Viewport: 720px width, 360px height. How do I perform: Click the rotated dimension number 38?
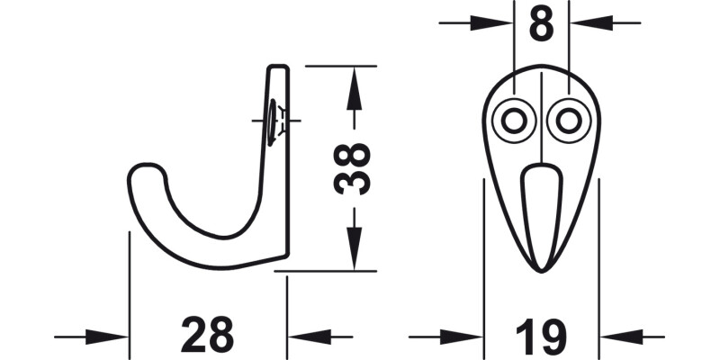click(352, 168)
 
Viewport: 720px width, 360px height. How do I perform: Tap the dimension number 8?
click(541, 25)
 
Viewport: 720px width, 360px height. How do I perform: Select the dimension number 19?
click(541, 337)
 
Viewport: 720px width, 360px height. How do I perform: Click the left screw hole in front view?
click(514, 120)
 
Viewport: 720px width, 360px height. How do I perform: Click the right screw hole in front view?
click(568, 120)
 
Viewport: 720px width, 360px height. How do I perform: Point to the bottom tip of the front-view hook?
click(541, 268)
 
